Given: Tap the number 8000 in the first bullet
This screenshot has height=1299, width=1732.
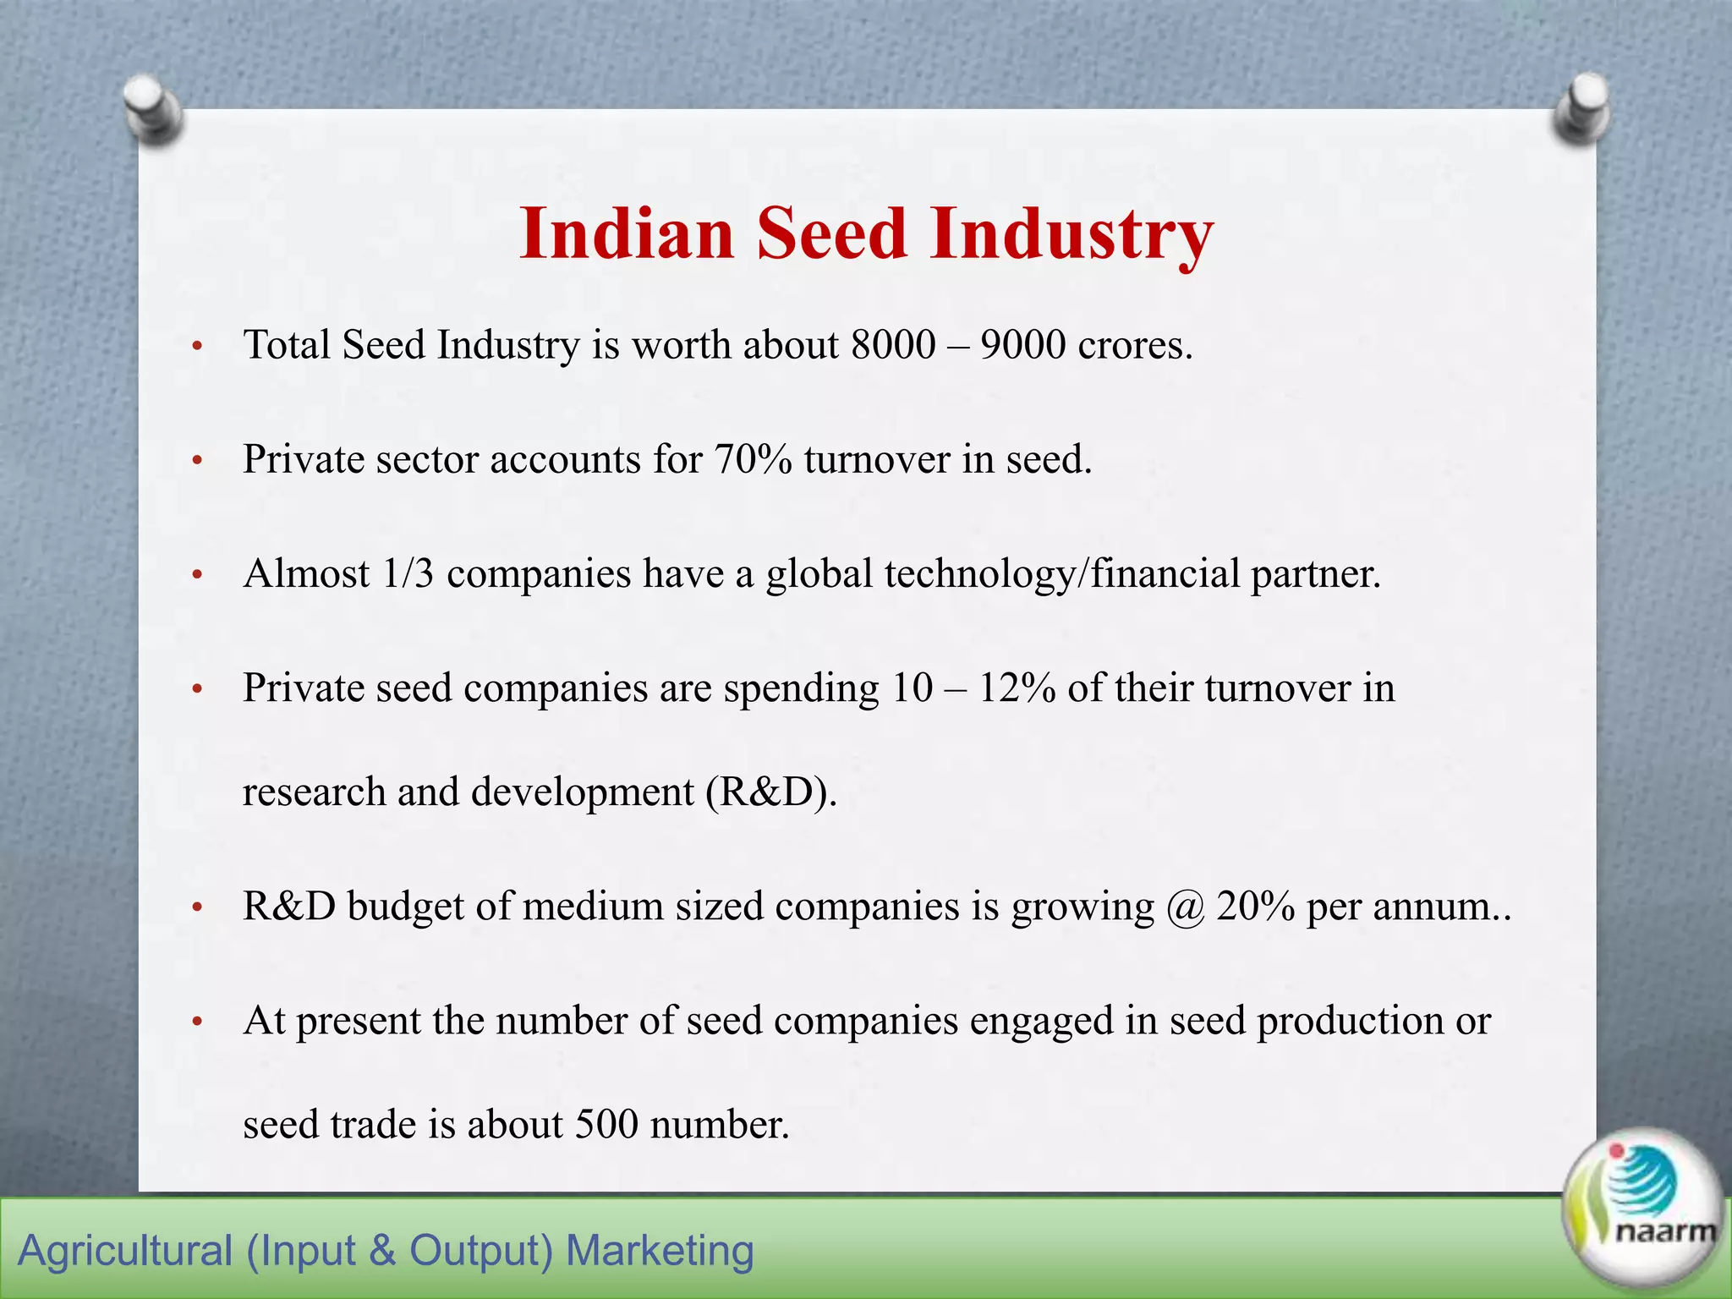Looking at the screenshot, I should [x=893, y=345].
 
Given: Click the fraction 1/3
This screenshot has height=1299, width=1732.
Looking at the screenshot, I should [x=408, y=574].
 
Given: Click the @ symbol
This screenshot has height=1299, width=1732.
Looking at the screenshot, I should [x=1185, y=907].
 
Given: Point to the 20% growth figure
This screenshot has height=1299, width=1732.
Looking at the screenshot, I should [x=1255, y=907].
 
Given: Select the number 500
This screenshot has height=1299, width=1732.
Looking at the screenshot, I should [x=606, y=1125].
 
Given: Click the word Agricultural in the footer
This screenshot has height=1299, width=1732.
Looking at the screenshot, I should [x=125, y=1251].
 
